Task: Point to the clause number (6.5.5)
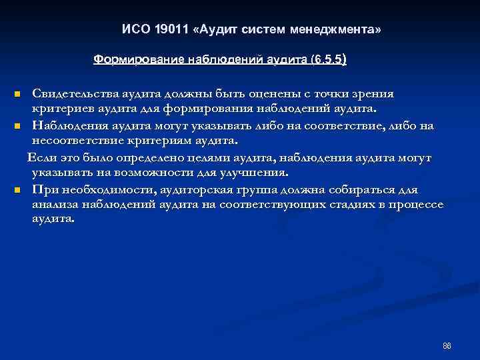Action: point(328,59)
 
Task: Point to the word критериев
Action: point(60,109)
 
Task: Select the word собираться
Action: point(360,189)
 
